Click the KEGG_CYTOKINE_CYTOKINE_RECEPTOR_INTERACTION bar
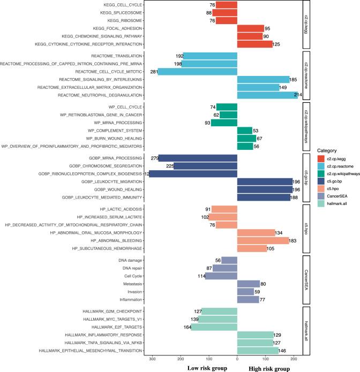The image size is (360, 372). click(254, 44)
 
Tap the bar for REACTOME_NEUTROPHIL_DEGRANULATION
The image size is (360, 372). click(267, 95)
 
